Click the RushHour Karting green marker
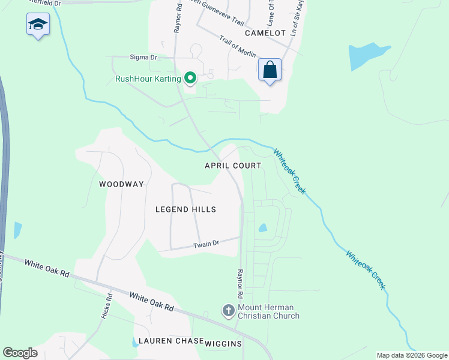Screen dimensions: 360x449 point(190,78)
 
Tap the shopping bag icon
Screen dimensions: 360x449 point(270,70)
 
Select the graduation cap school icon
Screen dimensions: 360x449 point(38,25)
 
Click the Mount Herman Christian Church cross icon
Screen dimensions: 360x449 point(228,311)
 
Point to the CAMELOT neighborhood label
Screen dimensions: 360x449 point(265,34)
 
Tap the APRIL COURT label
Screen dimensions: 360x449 point(233,166)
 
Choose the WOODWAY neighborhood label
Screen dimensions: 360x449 point(121,184)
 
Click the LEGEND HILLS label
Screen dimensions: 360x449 point(185,209)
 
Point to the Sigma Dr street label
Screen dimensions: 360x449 point(143,57)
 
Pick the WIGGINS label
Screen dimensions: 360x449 point(223,344)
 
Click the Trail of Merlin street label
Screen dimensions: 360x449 point(238,47)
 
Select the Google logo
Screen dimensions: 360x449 point(20,353)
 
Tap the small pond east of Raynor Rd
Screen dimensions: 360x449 point(262,228)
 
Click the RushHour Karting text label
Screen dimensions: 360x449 point(148,79)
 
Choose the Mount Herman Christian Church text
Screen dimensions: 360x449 point(268,311)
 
